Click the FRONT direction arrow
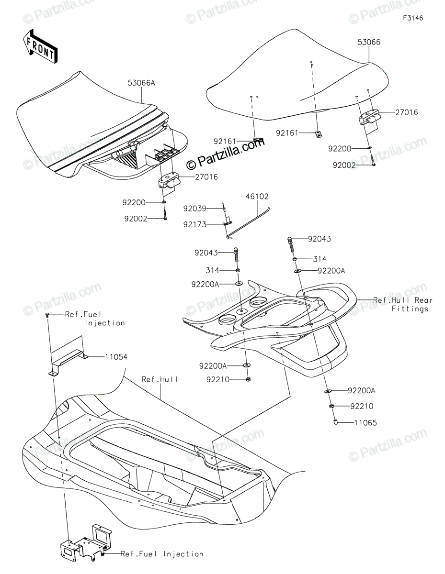tap(40, 46)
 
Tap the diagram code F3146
tap(413, 18)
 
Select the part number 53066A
tap(141, 83)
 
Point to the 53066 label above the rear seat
tap(368, 43)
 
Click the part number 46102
tap(257, 197)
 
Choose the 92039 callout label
tap(194, 208)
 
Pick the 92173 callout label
tap(194, 223)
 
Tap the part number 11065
tap(365, 423)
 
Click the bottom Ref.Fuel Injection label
tap(162, 554)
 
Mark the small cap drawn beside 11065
tap(336, 422)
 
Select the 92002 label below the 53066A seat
tap(136, 218)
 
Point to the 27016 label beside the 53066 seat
tap(406, 113)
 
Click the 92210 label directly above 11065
tap(362, 407)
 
